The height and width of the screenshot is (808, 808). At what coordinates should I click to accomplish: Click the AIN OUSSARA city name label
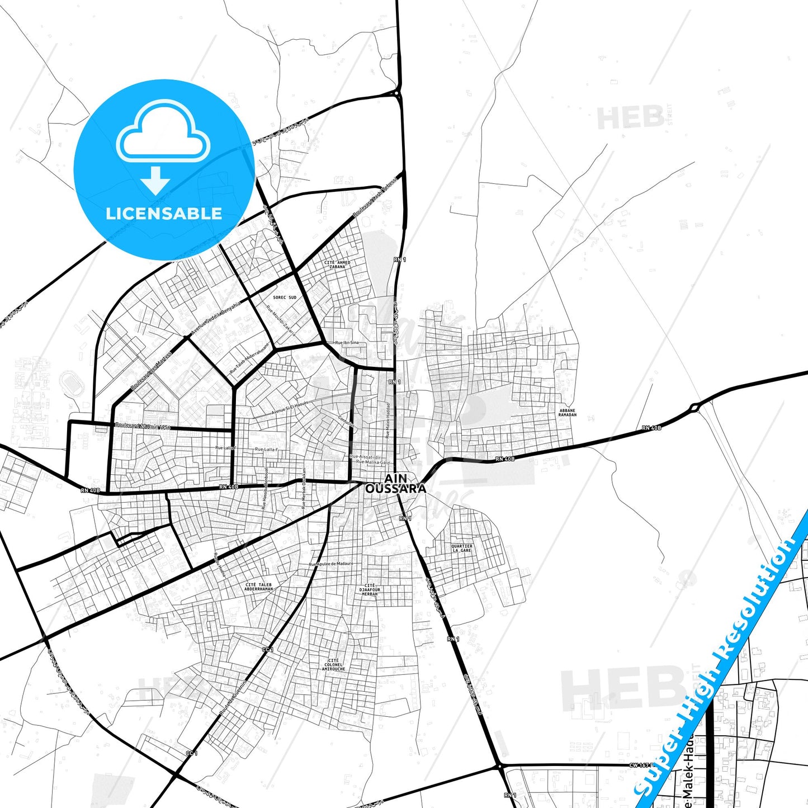tap(395, 484)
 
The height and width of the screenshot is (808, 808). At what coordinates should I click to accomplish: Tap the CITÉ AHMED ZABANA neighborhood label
tap(337, 264)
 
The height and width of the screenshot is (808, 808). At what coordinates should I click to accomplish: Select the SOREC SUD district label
tap(285, 297)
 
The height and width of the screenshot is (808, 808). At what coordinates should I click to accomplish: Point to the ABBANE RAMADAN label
tap(567, 413)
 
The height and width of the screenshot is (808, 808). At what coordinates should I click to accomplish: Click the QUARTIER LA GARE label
tap(462, 548)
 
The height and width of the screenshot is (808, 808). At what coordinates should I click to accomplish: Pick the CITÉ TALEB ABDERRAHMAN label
tap(259, 587)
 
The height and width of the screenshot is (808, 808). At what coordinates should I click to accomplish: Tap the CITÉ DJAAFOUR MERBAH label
tap(369, 589)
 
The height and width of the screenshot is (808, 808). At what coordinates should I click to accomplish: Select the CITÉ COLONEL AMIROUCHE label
tap(334, 664)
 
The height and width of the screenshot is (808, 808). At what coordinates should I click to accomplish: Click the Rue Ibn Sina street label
tap(346, 342)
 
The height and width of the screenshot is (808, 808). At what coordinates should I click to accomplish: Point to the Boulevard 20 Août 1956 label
tap(142, 426)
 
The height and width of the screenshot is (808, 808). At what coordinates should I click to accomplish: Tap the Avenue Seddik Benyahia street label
tap(215, 318)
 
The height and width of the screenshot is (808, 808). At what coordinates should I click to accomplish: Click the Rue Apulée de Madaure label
tap(332, 564)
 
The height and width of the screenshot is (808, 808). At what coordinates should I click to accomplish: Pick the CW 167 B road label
tap(641, 765)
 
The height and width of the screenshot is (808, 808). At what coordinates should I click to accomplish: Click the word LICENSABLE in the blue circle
tap(164, 213)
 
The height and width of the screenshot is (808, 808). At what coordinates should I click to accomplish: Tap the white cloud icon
tap(163, 132)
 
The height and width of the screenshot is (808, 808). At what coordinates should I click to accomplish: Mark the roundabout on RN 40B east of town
tap(694, 408)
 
